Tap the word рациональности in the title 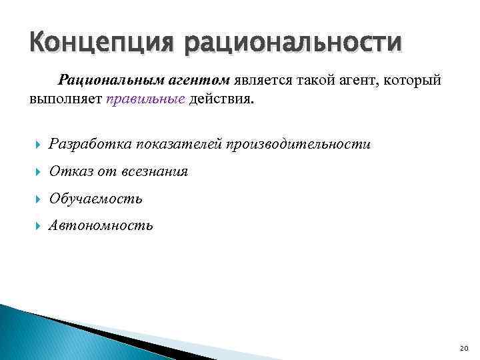(x=294, y=44)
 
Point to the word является (x=261, y=80)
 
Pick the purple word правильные (x=139, y=100)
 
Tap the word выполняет (x=65, y=100)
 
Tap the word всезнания (x=155, y=171)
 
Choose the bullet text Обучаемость (x=96, y=199)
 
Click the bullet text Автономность (x=101, y=225)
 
